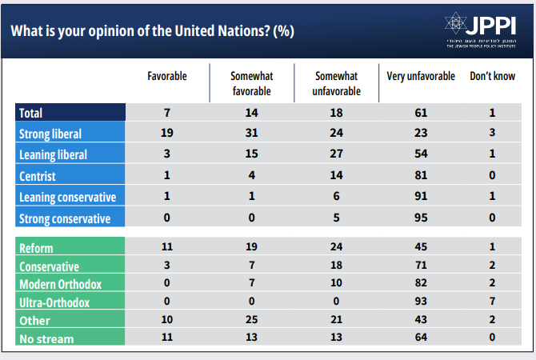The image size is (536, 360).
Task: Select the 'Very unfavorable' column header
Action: (421, 76)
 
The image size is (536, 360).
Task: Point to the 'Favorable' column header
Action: (167, 76)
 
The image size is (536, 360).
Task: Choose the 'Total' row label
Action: (30, 113)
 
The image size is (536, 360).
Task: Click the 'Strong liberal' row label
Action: (50, 134)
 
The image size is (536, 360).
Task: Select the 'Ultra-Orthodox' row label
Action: (54, 302)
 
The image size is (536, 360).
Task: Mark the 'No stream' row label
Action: (46, 338)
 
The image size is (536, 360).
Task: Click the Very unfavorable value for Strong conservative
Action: (421, 218)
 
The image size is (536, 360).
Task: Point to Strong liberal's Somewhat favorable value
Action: (251, 134)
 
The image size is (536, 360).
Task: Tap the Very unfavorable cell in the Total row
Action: (421, 113)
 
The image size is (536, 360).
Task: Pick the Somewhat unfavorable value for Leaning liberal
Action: (338, 154)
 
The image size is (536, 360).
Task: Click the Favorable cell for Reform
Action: (167, 249)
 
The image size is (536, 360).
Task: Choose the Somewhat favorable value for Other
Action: (251, 321)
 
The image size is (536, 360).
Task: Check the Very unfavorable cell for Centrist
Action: (421, 175)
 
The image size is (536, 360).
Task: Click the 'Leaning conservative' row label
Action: (67, 197)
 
